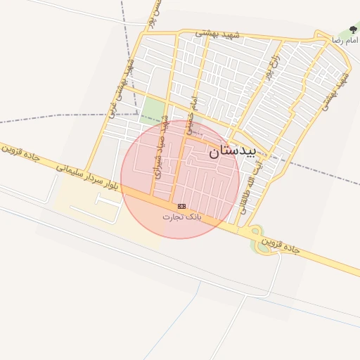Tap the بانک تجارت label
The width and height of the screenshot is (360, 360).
point(182,217)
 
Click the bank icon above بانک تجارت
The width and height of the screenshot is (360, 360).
point(182,206)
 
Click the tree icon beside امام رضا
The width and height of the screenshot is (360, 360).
point(353,30)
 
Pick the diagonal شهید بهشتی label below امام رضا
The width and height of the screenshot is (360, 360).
point(335,91)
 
